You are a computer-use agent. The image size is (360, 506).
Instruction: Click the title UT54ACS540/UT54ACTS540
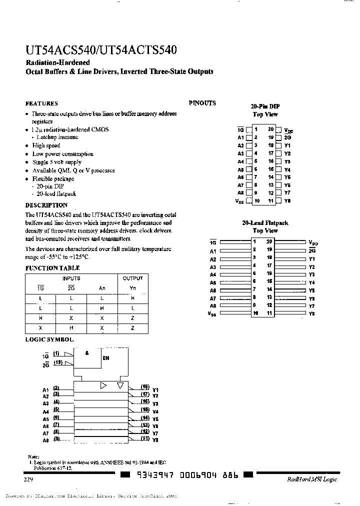[100, 50]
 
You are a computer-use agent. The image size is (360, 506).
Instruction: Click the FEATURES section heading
[41, 103]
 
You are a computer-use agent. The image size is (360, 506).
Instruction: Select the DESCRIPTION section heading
[46, 205]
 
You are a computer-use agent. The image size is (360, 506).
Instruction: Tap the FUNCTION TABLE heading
[52, 268]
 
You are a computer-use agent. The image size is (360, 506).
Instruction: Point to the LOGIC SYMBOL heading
[49, 339]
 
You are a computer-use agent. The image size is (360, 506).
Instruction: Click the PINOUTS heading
[202, 103]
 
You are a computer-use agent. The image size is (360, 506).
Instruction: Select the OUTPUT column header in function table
[132, 278]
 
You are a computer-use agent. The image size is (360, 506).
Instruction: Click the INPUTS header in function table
[71, 278]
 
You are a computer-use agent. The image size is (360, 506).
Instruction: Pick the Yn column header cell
[132, 287]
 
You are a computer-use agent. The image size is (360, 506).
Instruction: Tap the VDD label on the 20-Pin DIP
[288, 130]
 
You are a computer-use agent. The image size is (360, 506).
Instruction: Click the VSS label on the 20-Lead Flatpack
[211, 314]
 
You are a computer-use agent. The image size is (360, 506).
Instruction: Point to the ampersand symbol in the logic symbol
[87, 352]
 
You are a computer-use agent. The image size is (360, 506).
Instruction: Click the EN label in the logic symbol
[105, 358]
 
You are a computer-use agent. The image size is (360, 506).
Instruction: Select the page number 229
[28, 479]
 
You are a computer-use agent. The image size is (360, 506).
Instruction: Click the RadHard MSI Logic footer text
[312, 479]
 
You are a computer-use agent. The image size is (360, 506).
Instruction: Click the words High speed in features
[46, 145]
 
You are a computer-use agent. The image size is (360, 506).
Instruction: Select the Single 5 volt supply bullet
[56, 162]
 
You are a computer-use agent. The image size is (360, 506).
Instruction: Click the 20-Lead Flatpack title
[265, 223]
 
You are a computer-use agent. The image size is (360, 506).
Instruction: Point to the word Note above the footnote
[33, 457]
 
